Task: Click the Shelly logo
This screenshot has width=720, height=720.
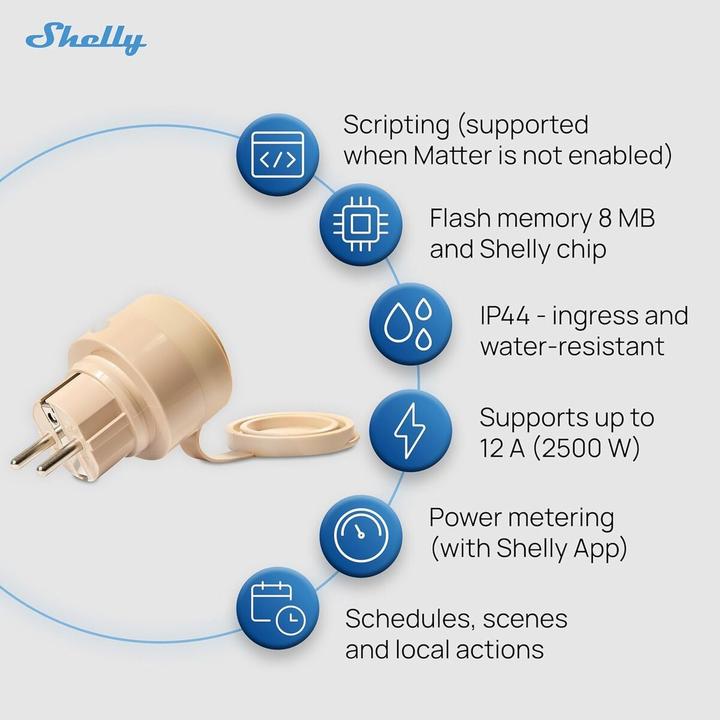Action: pyautogui.click(x=86, y=39)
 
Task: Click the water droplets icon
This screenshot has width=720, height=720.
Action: pyautogui.click(x=410, y=327)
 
